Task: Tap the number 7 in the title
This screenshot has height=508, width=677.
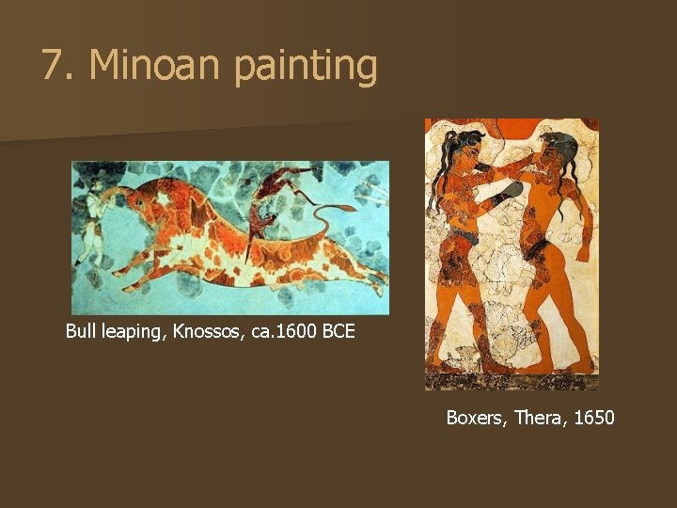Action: (53, 66)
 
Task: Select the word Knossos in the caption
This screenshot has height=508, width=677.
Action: (206, 332)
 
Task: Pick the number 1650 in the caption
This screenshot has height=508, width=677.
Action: (592, 417)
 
